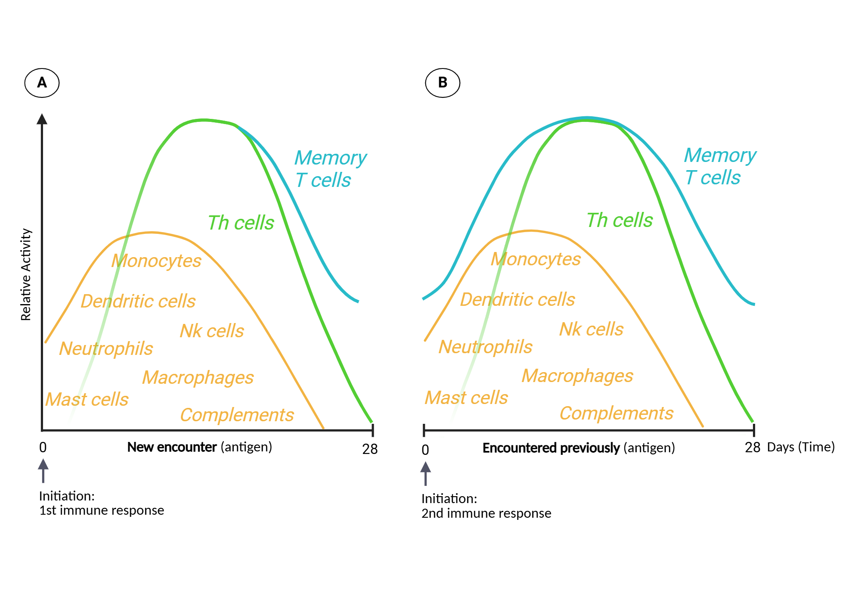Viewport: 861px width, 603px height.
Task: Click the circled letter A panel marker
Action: click(42, 83)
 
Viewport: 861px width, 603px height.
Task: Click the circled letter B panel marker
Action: click(443, 83)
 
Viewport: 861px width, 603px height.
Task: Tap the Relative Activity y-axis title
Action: click(26, 274)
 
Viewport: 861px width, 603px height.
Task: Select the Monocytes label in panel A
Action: click(156, 261)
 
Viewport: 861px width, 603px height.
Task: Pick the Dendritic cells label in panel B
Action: click(517, 300)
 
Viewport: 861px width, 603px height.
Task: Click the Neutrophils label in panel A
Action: click(106, 348)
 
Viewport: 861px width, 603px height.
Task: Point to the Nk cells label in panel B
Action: click(591, 329)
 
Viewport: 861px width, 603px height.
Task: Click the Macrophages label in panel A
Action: click(198, 378)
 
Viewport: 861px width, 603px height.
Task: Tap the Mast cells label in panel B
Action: click(466, 398)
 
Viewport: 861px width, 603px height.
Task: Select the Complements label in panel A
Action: click(237, 415)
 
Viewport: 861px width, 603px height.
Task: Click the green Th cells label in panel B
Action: click(619, 221)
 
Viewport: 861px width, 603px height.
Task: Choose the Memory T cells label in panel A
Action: click(330, 169)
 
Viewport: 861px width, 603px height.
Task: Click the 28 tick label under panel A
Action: click(370, 449)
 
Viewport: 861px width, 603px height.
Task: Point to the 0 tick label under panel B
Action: click(425, 450)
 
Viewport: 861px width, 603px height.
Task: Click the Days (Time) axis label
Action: click(801, 447)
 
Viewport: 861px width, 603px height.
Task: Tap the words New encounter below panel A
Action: click(172, 447)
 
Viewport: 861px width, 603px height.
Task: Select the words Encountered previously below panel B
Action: click(551, 448)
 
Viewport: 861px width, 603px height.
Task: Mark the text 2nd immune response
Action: click(486, 513)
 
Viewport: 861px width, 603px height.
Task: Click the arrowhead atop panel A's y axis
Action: click(42, 119)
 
